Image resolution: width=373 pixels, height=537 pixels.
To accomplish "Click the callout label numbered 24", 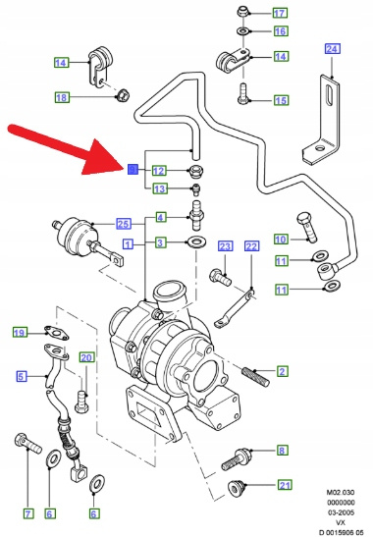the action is (x=332, y=49).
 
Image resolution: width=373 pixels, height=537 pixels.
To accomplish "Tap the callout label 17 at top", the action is (x=280, y=13).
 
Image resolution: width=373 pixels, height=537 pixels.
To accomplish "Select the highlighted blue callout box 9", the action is (x=133, y=169).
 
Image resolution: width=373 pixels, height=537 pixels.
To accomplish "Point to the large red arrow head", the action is (x=103, y=156).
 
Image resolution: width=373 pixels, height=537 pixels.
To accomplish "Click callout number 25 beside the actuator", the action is (x=124, y=224).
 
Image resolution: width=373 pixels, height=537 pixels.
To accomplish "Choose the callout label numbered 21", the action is (x=285, y=485).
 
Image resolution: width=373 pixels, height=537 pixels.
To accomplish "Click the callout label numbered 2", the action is (x=282, y=371).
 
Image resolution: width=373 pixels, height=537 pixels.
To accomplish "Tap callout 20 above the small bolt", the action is (x=86, y=357).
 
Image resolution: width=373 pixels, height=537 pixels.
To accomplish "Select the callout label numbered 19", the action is (x=20, y=333).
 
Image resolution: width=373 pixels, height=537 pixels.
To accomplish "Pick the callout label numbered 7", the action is (x=28, y=513).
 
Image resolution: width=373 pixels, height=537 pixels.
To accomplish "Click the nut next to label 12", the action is (x=196, y=171).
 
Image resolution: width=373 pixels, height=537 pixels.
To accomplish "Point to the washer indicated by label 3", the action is (x=196, y=242).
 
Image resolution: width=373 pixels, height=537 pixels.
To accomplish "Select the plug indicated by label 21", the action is (x=236, y=488).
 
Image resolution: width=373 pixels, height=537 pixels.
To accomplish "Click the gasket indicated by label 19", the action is (x=57, y=333).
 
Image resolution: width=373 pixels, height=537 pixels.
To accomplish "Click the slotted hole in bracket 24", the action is (x=330, y=97).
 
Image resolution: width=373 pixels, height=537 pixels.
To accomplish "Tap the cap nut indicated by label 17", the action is (x=242, y=12).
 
